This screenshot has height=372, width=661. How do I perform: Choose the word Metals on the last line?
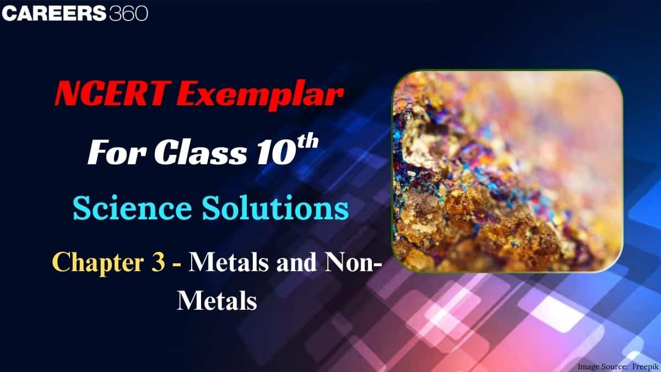(216, 301)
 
